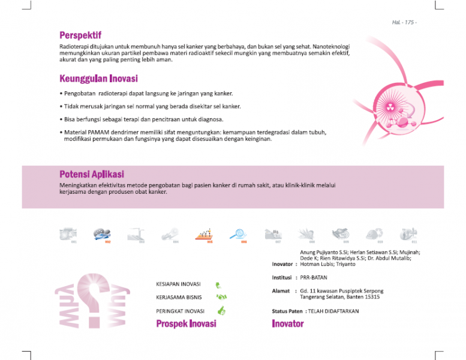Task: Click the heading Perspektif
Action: coord(80,35)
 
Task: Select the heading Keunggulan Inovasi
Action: coord(98,79)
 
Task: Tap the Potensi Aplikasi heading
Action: coord(92,174)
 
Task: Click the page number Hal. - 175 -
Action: coord(404,22)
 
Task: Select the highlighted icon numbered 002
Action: coord(102,234)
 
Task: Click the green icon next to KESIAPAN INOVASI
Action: coord(220,285)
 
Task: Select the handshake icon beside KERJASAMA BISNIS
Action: coord(221,297)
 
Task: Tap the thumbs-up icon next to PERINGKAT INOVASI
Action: coord(221,311)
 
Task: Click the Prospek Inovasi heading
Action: coord(186,324)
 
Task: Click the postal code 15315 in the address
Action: coord(371,297)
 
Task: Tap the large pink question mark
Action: coord(94,299)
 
